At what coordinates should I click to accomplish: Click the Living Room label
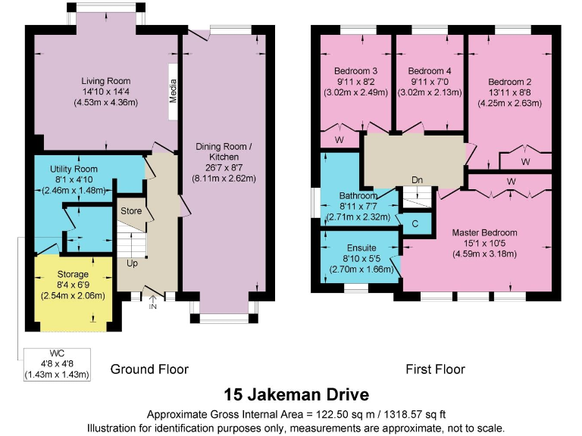pos(106,81)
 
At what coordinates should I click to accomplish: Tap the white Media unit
pos(173,92)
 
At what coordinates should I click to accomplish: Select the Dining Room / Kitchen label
pos(224,151)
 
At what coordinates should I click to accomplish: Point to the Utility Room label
pos(74,169)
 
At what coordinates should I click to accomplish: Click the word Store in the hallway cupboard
pos(131,211)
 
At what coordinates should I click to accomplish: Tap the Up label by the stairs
pos(132,263)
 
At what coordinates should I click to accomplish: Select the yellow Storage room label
pos(73,274)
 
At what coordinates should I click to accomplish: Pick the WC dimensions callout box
pos(57,364)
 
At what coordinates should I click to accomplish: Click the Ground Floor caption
pos(149,369)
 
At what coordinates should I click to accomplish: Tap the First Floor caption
pos(435,369)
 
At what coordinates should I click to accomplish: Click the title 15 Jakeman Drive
pos(296,394)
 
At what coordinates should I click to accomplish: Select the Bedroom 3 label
pos(356,71)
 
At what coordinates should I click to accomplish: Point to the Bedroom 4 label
pos(430,71)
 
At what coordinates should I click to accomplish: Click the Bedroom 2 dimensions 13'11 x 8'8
pos(509,92)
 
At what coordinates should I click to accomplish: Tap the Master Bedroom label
pos(484,233)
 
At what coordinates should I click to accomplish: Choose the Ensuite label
pos(361,248)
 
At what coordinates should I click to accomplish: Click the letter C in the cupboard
pos(415,224)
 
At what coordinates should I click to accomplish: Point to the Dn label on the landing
pos(418,180)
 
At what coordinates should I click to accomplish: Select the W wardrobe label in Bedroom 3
pos(339,140)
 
